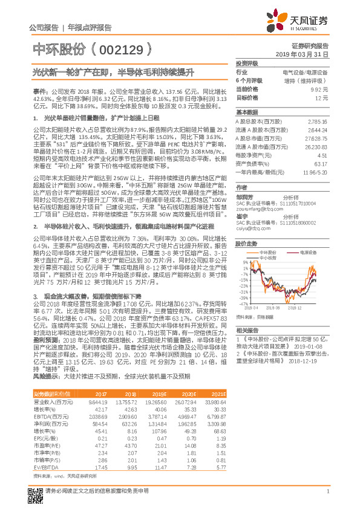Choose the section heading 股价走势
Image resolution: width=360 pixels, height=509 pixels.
[x=246, y=244]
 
